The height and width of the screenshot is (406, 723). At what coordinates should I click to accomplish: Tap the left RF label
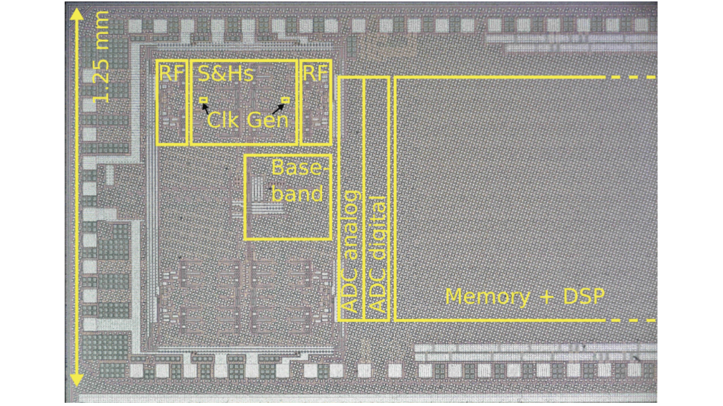click(x=172, y=73)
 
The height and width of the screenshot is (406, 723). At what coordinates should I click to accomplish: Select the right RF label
click(x=316, y=73)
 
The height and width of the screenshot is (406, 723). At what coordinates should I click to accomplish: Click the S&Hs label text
click(x=226, y=73)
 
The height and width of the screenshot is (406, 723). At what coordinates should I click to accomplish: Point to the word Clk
click(x=223, y=120)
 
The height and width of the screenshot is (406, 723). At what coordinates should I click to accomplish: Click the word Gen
click(x=267, y=120)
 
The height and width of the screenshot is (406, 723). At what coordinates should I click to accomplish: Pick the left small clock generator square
click(x=204, y=100)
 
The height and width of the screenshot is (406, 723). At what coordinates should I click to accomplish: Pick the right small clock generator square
click(x=286, y=100)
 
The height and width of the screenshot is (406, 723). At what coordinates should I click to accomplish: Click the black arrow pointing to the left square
click(x=206, y=108)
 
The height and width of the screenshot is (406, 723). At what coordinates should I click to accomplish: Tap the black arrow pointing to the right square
click(x=278, y=109)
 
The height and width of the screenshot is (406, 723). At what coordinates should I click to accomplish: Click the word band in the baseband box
click(x=297, y=194)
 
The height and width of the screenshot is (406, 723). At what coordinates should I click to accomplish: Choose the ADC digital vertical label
click(x=378, y=254)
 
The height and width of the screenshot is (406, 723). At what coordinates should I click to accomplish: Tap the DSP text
click(x=584, y=297)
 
